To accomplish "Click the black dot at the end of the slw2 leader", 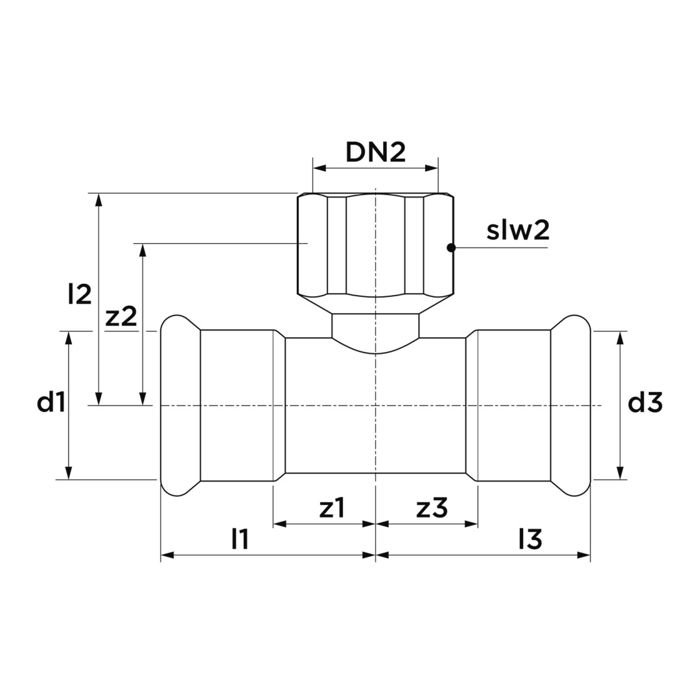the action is click(x=451, y=247).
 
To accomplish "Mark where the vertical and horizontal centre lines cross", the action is click(x=375, y=406).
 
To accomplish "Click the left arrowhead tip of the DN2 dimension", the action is click(x=313, y=169).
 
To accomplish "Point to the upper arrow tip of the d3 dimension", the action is click(x=620, y=332).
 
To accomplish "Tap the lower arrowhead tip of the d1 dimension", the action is click(x=68, y=480).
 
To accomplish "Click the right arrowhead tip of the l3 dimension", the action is click(x=590, y=555).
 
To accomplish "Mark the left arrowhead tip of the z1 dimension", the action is click(x=274, y=524).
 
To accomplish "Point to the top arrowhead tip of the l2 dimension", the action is click(x=99, y=194).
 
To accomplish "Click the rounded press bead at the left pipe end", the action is click(x=180, y=406).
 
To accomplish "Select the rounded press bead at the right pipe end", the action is click(x=570, y=406).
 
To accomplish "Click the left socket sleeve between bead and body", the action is click(x=237, y=406).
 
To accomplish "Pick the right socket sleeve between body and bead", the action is click(x=514, y=406).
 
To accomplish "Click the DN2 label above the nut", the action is click(x=375, y=153).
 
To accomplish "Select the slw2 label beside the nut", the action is click(x=517, y=231).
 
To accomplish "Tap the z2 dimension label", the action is click(x=121, y=317).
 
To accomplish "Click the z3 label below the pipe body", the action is click(x=432, y=508).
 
